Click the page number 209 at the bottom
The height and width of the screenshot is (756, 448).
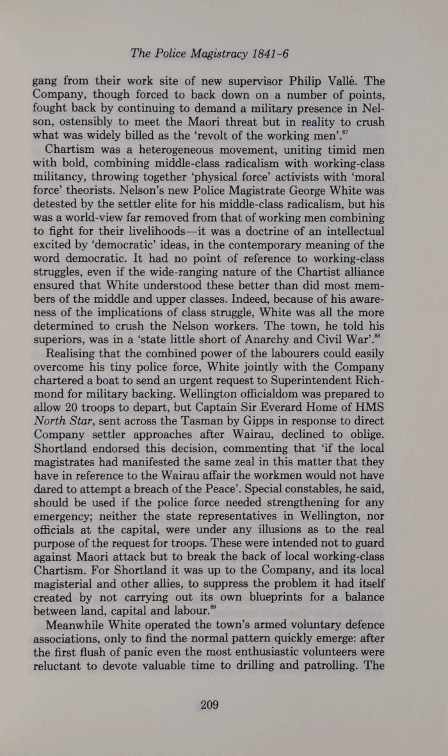pyautogui.click(x=210, y=705)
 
